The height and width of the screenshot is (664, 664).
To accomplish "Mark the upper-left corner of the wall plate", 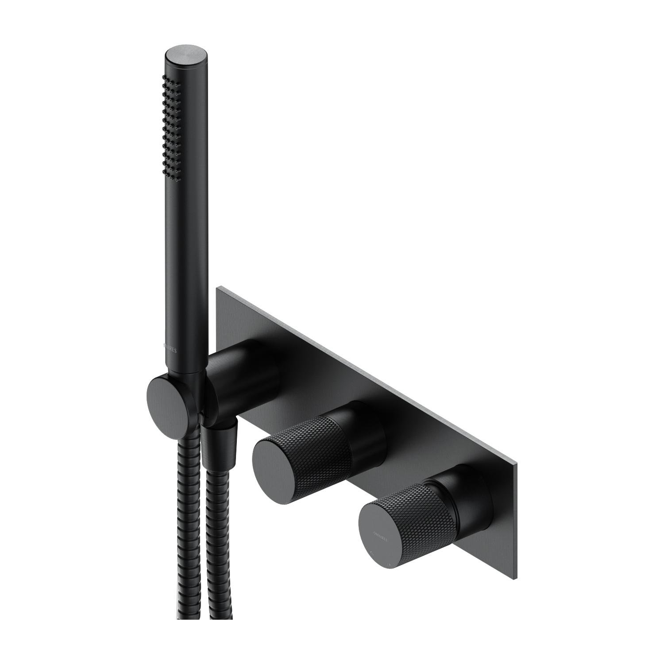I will coord(218,289).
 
